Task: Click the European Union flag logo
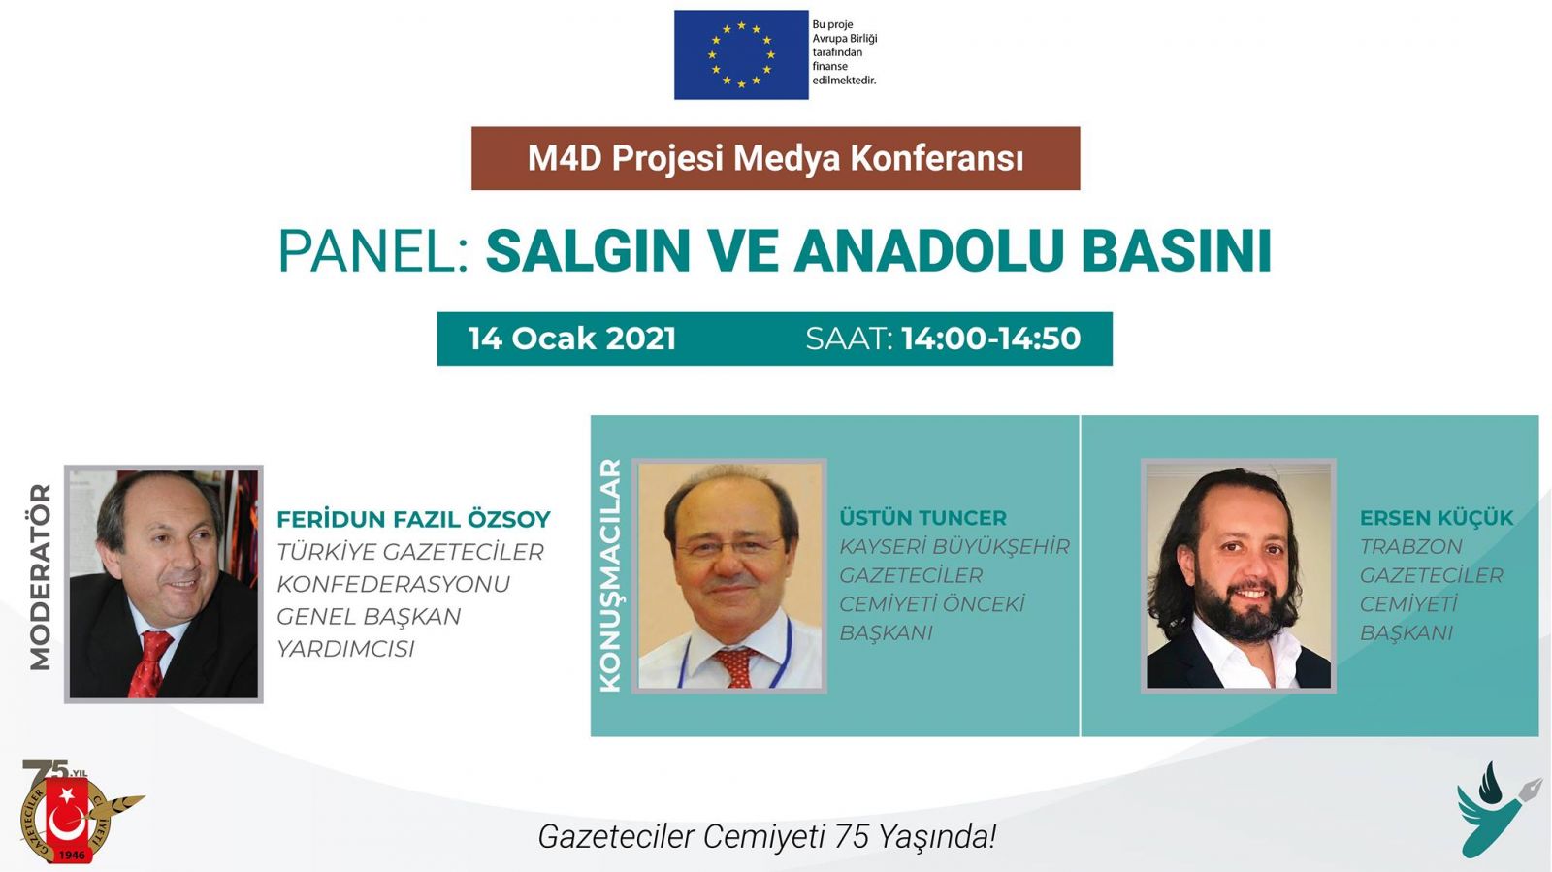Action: pyautogui.click(x=741, y=54)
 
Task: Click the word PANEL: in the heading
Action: pyautogui.click(x=374, y=250)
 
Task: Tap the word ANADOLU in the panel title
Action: pyautogui.click(x=927, y=250)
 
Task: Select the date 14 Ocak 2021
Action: pyautogui.click(x=571, y=339)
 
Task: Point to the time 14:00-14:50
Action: pyautogui.click(x=990, y=339)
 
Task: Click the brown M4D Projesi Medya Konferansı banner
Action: pyautogui.click(x=775, y=158)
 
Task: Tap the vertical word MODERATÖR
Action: pyautogui.click(x=41, y=577)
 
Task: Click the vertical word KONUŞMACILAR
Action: pyautogui.click(x=610, y=575)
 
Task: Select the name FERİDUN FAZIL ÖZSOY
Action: pyautogui.click(x=413, y=520)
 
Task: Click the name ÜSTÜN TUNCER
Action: pyautogui.click(x=922, y=517)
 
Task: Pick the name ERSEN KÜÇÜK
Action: pyautogui.click(x=1437, y=517)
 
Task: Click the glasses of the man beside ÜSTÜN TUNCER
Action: pyautogui.click(x=728, y=547)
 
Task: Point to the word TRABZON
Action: pyautogui.click(x=1410, y=546)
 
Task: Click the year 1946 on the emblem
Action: pyautogui.click(x=72, y=855)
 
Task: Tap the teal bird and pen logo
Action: pyautogui.click(x=1498, y=809)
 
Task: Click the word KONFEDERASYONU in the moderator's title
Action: pyautogui.click(x=394, y=584)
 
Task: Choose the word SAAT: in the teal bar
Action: pyautogui.click(x=849, y=339)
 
